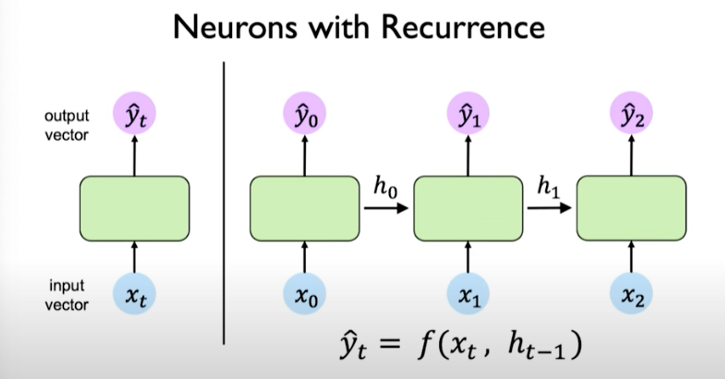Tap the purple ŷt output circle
tap(135, 114)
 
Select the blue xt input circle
tap(135, 294)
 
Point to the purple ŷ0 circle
tap(305, 114)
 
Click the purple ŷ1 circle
tap(468, 114)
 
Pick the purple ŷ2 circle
tap(631, 114)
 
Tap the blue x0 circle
tap(305, 294)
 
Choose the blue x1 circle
tap(468, 294)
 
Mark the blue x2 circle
tap(631, 294)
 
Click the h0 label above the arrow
tap(385, 187)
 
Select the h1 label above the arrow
tap(548, 187)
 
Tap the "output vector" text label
tap(66, 125)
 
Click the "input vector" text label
tap(66, 295)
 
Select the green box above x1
tap(468, 208)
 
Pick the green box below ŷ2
tap(631, 208)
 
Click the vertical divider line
tap(224, 203)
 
